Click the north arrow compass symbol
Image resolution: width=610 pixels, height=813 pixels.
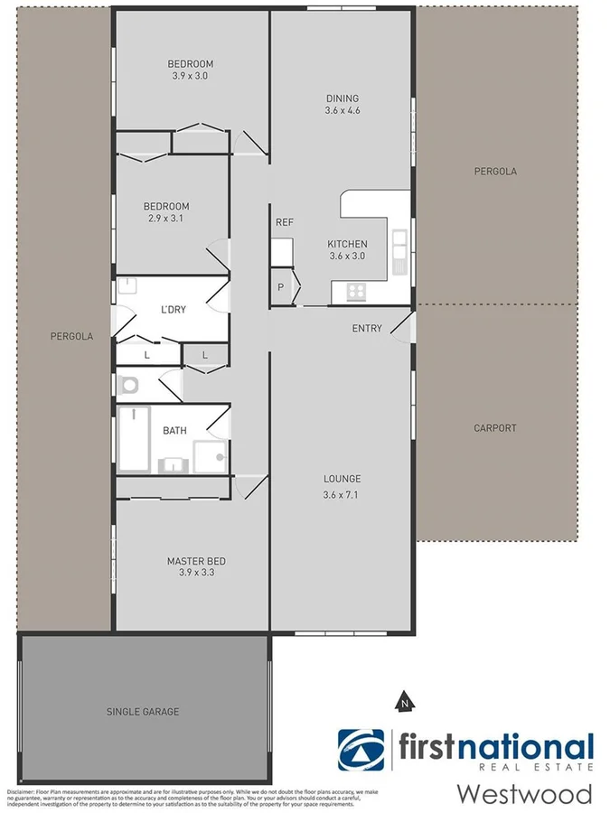(405, 699)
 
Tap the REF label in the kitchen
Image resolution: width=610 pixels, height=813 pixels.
(284, 222)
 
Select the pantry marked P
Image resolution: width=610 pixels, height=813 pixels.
(281, 287)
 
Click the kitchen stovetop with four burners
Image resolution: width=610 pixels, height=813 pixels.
(357, 291)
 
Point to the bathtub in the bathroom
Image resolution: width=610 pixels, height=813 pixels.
(133, 440)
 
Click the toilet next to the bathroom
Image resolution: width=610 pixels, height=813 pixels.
(128, 385)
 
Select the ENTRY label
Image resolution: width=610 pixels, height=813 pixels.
(367, 329)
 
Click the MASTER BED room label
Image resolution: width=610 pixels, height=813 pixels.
(196, 562)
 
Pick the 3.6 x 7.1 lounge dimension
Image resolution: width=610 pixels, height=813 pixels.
(342, 495)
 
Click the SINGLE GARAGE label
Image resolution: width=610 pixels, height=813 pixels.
(143, 712)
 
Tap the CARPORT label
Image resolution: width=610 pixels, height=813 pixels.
(494, 428)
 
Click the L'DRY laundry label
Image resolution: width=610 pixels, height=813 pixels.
(173, 310)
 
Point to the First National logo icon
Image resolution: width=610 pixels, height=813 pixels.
(361, 751)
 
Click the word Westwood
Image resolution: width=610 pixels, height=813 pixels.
(524, 794)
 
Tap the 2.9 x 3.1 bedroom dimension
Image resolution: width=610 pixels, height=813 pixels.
(167, 219)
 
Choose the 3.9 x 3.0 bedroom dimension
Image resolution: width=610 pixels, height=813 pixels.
(190, 76)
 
